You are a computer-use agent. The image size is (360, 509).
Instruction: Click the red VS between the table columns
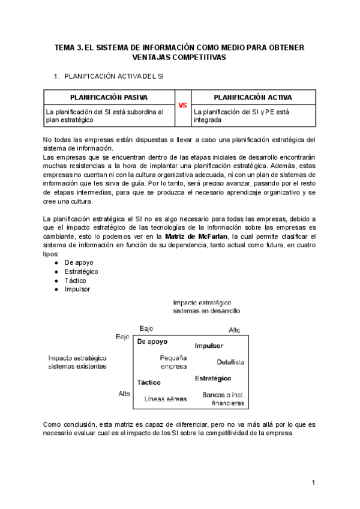point(182,104)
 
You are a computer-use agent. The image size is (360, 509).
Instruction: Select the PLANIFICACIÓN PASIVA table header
point(109,97)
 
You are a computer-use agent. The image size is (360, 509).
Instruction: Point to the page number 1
point(313,483)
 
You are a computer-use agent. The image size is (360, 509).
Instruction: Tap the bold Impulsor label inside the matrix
point(209,346)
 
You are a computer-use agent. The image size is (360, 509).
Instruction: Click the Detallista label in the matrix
point(230,363)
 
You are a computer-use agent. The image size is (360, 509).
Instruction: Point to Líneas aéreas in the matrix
point(166,399)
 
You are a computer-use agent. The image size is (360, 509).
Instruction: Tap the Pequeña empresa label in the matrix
point(173,362)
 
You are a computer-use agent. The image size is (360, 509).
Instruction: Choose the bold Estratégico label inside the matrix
point(213,379)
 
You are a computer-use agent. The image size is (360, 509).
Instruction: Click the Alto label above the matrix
point(235,331)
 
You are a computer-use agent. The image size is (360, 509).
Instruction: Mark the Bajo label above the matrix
point(146,328)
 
